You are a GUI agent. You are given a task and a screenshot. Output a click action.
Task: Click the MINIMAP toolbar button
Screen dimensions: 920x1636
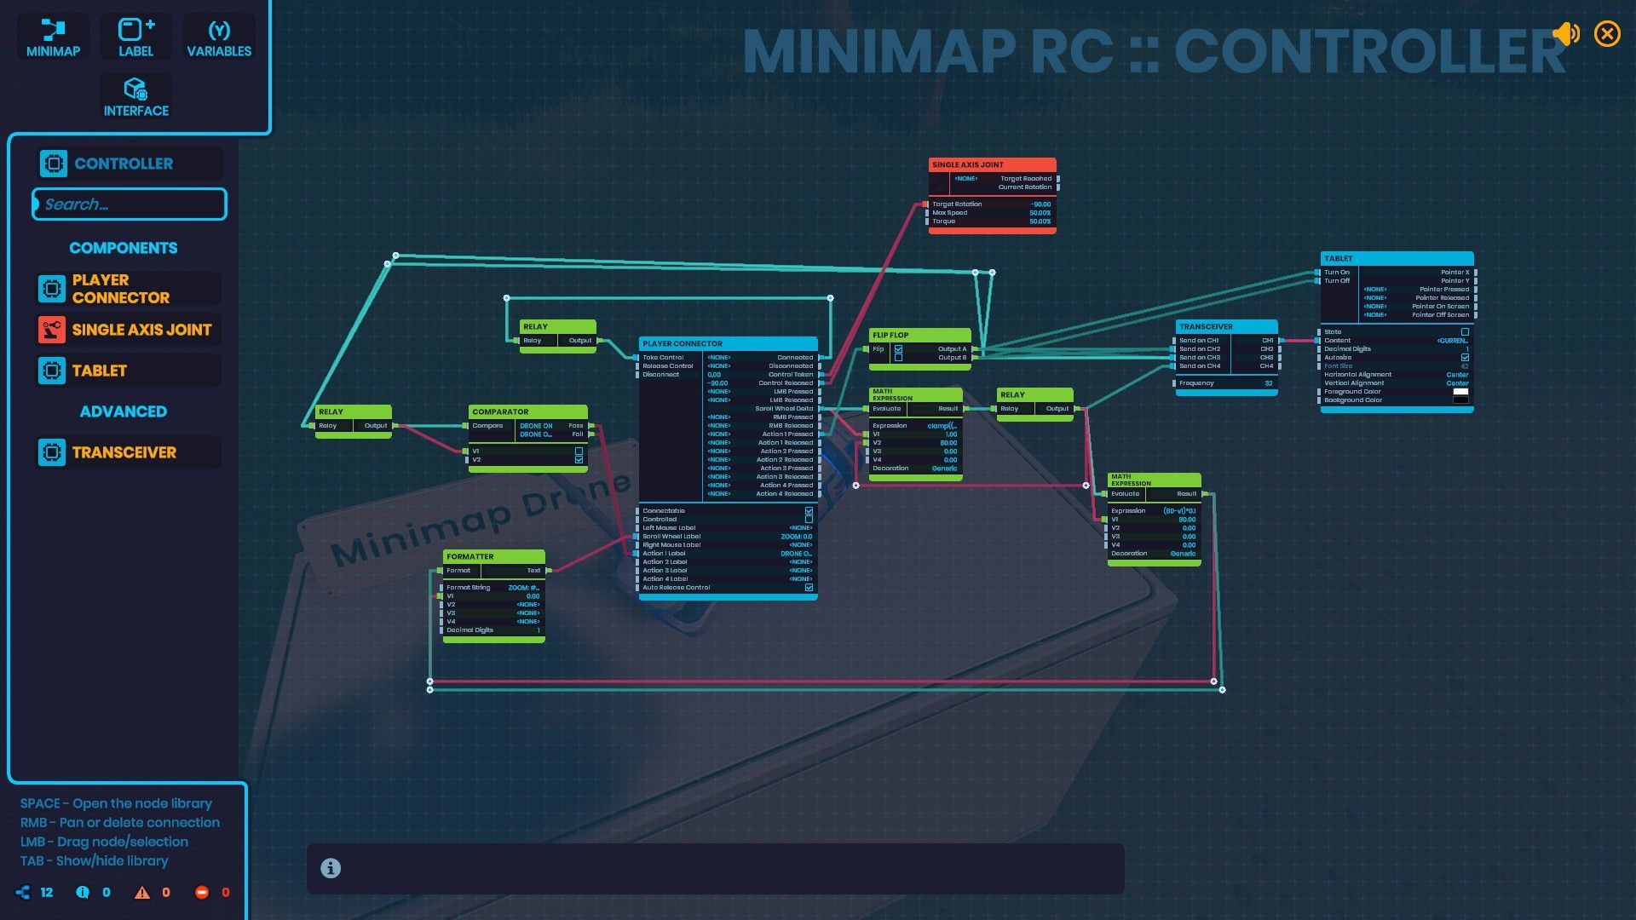(53, 37)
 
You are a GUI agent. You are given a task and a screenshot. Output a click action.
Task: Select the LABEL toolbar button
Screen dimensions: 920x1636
(135, 37)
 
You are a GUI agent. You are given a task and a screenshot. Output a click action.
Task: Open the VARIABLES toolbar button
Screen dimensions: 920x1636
(219, 37)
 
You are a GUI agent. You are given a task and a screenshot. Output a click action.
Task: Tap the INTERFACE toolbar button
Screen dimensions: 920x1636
(135, 97)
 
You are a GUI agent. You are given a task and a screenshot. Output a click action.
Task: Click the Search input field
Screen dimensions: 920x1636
(130, 204)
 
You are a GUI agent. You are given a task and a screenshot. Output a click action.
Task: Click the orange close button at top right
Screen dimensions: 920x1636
(1607, 34)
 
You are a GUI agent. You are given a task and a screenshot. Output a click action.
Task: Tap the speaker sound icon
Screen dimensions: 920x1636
(1566, 34)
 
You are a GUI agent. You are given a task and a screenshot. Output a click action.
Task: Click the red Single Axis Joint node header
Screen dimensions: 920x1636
(992, 164)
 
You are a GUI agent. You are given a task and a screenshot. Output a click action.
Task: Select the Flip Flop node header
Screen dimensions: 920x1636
(919, 335)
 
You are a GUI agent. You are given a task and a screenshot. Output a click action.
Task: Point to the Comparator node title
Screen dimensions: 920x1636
(527, 411)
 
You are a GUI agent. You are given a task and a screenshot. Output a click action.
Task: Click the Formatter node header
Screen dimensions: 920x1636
(493, 556)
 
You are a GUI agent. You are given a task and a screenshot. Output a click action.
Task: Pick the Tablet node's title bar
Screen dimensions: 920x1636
(1397, 258)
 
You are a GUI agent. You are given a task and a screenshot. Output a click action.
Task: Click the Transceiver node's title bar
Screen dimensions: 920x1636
(1226, 326)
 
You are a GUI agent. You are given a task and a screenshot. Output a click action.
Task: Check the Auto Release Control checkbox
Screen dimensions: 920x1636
(809, 588)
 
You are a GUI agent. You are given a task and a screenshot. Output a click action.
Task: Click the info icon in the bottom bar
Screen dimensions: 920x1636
(331, 868)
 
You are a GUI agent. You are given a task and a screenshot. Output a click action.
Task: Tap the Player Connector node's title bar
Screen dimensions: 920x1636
(728, 343)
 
